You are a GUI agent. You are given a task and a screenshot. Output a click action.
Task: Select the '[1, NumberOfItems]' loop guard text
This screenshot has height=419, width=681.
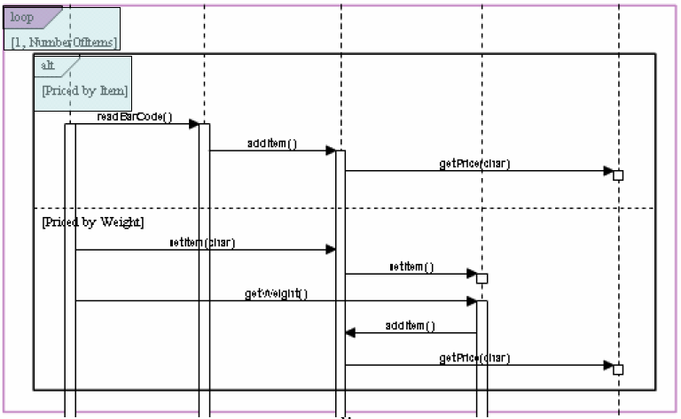pos(65,42)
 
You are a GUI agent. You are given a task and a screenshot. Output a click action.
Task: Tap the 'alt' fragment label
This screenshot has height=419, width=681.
pos(48,66)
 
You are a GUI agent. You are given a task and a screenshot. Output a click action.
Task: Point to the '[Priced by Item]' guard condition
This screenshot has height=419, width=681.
pos(84,90)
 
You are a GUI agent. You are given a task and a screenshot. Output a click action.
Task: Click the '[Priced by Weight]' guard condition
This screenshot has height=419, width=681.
pos(92,221)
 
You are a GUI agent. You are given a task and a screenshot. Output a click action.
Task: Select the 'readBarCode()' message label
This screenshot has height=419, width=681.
pos(135,116)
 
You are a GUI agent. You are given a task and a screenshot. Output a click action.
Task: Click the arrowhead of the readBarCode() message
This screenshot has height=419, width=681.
pos(194,124)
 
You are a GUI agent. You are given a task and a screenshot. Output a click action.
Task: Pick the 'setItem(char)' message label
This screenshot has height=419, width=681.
pos(202,242)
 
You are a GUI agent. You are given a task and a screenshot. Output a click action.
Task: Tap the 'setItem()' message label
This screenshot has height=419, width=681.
pos(411,267)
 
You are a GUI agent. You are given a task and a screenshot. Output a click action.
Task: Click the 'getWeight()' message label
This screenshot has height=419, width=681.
pos(276,293)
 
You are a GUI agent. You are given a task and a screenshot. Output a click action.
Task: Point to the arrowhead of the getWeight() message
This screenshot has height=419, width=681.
pos(472,301)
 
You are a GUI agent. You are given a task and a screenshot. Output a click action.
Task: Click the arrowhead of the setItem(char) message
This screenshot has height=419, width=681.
pos(331,250)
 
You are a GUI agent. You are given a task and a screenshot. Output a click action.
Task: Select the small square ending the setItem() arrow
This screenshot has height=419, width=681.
pos(482,278)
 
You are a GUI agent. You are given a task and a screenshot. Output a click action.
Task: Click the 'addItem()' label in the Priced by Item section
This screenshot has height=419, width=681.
pos(272,143)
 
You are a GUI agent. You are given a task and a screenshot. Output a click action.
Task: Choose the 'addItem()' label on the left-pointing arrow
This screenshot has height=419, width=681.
pos(411,326)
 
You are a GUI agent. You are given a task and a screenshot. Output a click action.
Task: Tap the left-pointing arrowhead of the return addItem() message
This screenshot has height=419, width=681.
pos(349,333)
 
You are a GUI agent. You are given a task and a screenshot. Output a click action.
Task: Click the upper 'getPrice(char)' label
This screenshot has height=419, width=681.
pos(474,164)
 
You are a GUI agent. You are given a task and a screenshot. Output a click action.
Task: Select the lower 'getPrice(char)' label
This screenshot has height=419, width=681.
pos(474,358)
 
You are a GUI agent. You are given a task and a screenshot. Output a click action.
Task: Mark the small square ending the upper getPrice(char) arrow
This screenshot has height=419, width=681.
pos(618,175)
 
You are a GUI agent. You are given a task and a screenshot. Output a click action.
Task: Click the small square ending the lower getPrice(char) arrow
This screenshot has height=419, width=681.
pos(618,369)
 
